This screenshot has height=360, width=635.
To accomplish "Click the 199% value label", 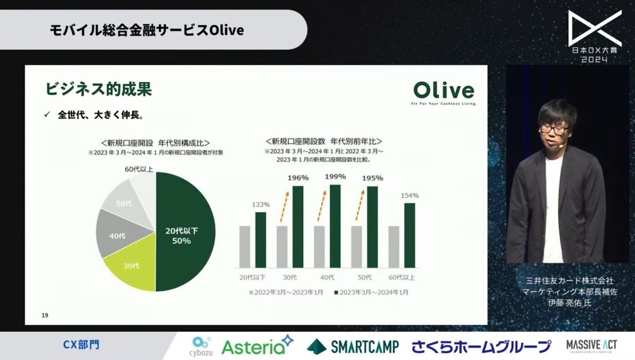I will [335, 176].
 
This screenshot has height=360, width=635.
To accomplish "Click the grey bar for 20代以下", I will [244, 246].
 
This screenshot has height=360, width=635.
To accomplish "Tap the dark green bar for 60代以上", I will [410, 235].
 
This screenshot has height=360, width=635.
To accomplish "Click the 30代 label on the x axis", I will [290, 277].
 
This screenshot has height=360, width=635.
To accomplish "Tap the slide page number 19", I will [45, 316].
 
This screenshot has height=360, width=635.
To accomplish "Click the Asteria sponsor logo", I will [257, 346].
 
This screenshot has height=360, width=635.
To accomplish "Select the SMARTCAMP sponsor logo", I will [354, 346].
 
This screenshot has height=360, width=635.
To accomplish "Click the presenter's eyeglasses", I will [554, 129].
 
